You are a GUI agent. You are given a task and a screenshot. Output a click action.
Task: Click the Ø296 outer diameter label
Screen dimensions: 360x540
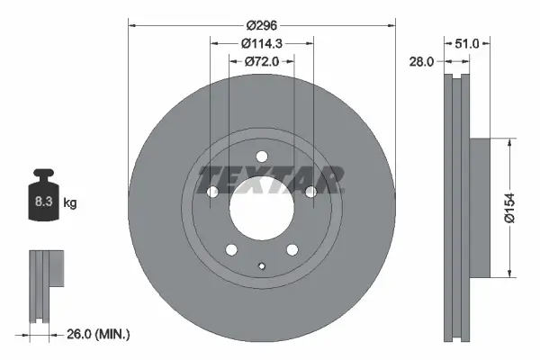[x=262, y=27]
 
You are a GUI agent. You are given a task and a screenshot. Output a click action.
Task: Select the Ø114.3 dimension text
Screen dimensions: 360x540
[x=262, y=44]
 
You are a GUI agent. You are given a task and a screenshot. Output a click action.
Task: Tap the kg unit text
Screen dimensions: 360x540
[x=70, y=203]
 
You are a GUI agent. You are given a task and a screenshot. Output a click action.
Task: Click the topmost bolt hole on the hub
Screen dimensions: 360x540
[x=261, y=154]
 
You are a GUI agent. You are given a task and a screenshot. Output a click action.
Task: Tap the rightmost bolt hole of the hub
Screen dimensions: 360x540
[x=310, y=191]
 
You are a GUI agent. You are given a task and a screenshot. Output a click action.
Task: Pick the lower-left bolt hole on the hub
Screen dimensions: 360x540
[x=230, y=248]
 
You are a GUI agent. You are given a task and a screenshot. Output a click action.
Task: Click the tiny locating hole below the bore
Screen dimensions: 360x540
[x=261, y=265]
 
